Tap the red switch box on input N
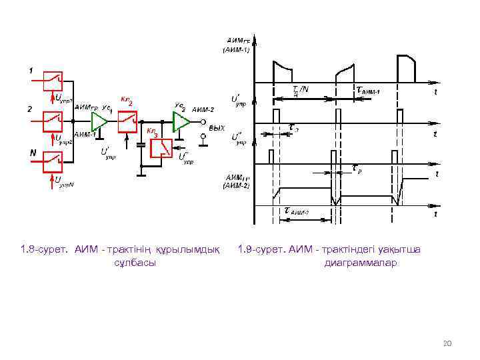click(54, 160)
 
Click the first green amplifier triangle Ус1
click(99, 121)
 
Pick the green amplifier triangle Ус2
click(181, 121)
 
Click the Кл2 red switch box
click(129, 121)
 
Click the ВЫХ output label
click(217, 127)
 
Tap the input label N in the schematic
click(32, 153)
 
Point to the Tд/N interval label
click(301, 90)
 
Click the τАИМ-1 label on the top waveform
click(367, 90)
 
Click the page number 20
click(447, 343)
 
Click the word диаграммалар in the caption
click(360, 263)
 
